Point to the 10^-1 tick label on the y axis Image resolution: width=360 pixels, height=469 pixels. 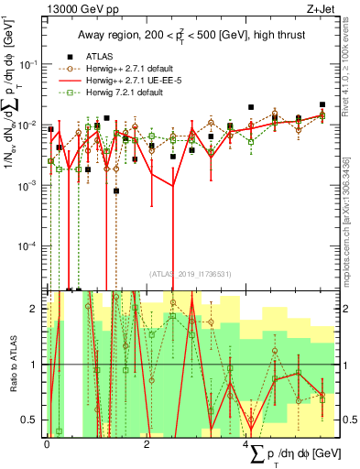coord(27,64)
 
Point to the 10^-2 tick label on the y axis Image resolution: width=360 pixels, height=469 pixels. coord(27,125)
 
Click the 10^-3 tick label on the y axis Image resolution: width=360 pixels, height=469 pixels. coord(27,185)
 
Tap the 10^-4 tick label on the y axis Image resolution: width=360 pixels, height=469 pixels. coord(27,245)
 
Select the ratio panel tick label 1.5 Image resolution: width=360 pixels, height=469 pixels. coord(31,336)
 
